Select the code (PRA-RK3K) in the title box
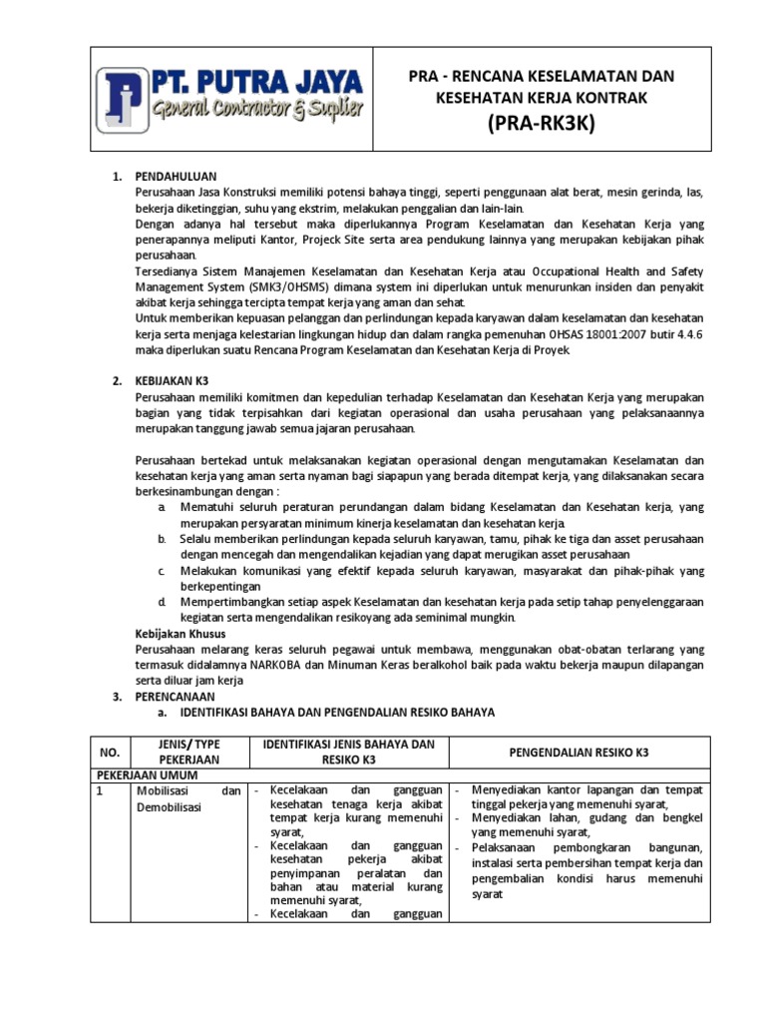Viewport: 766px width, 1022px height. click(x=557, y=124)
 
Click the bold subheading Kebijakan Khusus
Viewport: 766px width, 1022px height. click(x=181, y=634)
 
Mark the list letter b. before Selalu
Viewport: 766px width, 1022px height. click(x=162, y=539)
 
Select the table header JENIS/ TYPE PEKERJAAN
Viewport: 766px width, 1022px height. click(x=182, y=753)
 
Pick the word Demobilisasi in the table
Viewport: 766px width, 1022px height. click(x=168, y=807)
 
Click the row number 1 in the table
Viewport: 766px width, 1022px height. click(x=100, y=790)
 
